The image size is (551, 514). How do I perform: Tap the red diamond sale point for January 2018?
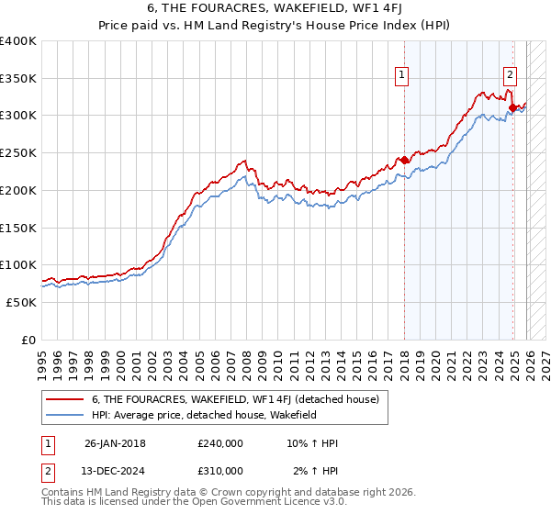[x=404, y=160]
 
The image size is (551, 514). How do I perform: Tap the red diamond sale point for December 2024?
[x=512, y=108]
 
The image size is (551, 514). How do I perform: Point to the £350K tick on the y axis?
[x=18, y=78]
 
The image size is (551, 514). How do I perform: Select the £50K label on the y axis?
[x=22, y=302]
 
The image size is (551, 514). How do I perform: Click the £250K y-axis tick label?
[x=18, y=153]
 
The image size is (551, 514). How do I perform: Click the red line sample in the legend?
[x=64, y=399]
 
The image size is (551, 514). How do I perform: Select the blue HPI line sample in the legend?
[x=64, y=415]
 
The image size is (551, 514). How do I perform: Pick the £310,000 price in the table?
[x=219, y=470]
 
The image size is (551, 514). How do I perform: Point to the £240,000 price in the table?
[x=219, y=443]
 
